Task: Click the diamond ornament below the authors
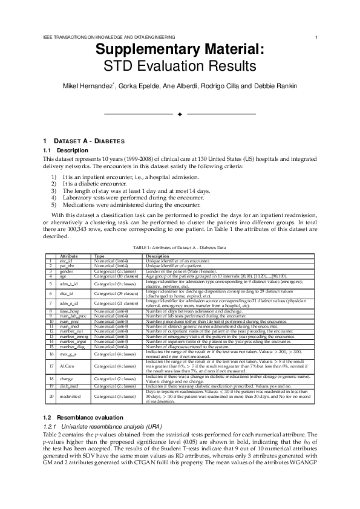pyautogui.click(x=180, y=114)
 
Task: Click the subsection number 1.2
pyautogui.click(x=48, y=417)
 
